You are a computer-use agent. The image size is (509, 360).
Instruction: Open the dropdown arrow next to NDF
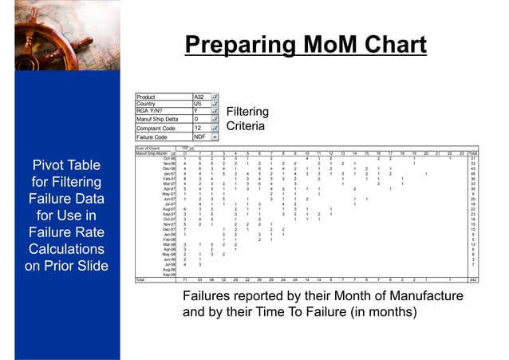pyautogui.click(x=215, y=136)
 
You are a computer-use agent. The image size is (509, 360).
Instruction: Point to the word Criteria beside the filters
pyautogui.click(x=248, y=127)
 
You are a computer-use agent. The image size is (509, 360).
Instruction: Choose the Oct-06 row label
pyautogui.click(x=169, y=158)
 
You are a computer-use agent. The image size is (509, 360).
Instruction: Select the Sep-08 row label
pyautogui.click(x=169, y=275)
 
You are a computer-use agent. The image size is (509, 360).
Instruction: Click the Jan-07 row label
pyautogui.click(x=169, y=173)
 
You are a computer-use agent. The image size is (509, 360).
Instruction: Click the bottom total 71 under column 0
pyautogui.click(x=186, y=281)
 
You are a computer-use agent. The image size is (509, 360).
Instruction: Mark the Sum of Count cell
pyautogui.click(x=149, y=148)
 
